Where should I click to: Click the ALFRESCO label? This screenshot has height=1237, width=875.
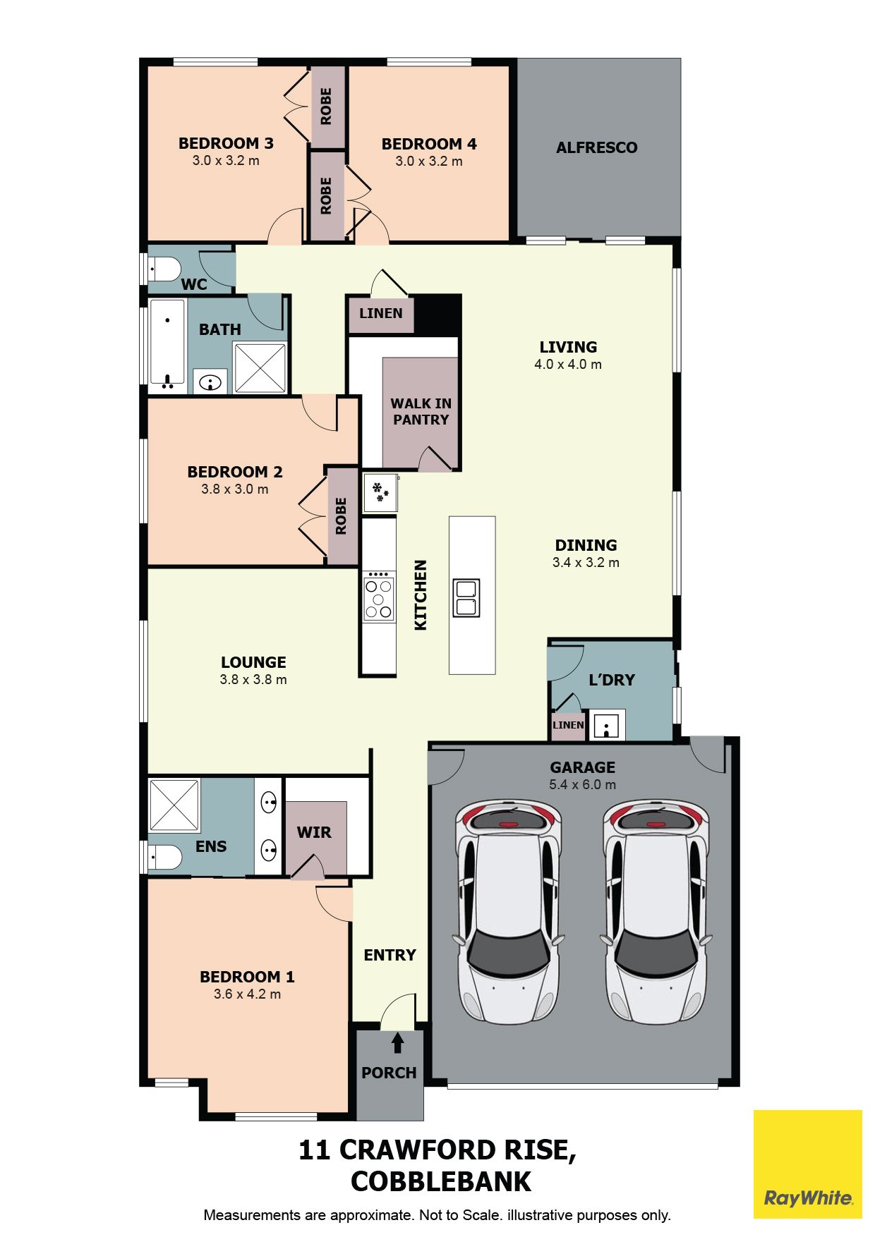[x=596, y=147]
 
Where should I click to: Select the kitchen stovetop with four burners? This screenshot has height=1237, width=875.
[x=379, y=597]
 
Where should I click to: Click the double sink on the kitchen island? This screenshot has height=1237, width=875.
[x=466, y=598]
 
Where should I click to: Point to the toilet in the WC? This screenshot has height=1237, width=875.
[x=164, y=269]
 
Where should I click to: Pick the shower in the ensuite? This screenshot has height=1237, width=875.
[x=174, y=805]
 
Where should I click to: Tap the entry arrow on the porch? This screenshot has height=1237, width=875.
[x=397, y=1042]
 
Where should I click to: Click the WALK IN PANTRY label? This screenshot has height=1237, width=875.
[x=421, y=411]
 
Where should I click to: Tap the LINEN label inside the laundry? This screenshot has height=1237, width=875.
[x=568, y=725]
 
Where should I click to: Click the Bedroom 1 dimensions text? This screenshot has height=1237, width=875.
[x=247, y=994]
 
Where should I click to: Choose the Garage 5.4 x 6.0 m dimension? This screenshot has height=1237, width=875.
[x=582, y=784]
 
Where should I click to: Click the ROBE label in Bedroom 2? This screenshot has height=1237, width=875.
[x=342, y=516]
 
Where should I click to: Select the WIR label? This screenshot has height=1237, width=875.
[x=314, y=832]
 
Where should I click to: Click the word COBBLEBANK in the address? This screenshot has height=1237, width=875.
[x=441, y=1182]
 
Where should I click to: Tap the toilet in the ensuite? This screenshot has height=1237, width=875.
[x=165, y=857]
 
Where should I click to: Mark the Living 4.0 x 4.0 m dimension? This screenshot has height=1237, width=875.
[x=568, y=364]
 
